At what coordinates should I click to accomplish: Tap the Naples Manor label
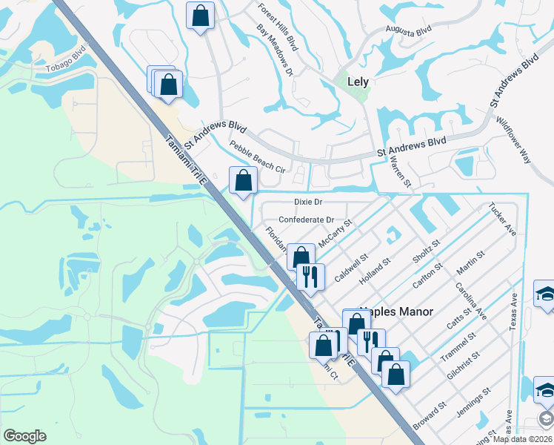pos(396,312)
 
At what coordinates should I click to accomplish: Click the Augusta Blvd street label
pos(408,31)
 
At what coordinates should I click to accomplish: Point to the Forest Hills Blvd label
pos(278,27)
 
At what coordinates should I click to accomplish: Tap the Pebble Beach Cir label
pos(257,157)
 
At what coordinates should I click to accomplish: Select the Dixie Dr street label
pos(308,202)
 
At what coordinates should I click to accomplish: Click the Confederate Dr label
pos(307,220)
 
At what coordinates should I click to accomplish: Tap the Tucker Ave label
pos(501,220)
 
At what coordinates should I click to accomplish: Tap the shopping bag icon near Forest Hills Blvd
pos(200,16)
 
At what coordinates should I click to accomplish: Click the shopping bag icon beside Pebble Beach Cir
pos(243,179)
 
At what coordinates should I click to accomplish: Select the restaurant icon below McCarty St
pos(310,277)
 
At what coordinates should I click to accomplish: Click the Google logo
pos(24,436)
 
